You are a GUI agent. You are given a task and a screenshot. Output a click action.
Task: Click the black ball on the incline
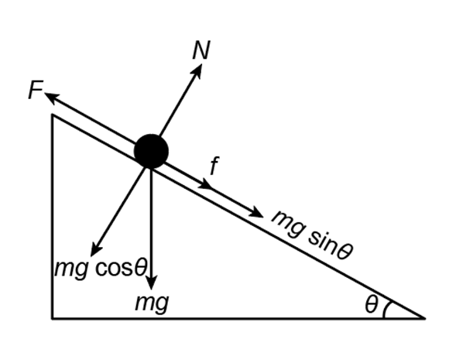[151, 151]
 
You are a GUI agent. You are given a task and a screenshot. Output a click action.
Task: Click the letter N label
[201, 50]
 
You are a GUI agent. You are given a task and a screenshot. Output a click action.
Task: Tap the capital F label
[35, 90]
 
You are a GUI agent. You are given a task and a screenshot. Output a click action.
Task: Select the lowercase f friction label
[214, 166]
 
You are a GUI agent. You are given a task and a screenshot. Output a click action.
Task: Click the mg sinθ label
[312, 234]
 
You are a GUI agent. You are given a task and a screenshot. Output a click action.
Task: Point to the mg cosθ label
[101, 268]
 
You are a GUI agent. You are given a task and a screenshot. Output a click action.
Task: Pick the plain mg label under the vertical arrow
[152, 303]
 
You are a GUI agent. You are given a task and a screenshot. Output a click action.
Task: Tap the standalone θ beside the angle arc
[372, 304]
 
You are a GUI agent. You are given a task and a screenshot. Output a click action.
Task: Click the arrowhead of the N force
[197, 70]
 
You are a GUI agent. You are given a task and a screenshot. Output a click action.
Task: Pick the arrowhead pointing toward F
[51, 97]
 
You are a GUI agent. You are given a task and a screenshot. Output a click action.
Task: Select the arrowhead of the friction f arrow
[207, 183]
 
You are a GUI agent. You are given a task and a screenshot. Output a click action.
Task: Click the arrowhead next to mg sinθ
[257, 212]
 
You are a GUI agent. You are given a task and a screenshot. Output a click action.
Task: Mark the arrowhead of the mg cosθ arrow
[94, 250]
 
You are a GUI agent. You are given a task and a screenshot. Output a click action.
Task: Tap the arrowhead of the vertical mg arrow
[152, 283]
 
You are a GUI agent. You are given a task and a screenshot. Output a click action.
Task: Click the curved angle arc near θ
[386, 309]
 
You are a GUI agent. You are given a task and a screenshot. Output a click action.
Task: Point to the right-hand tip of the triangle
[425, 318]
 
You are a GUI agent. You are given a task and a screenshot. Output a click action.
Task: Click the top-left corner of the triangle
[53, 115]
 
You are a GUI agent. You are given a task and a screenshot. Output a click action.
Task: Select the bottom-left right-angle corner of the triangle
[53, 318]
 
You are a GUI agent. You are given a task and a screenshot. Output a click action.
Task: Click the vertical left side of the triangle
[53, 217]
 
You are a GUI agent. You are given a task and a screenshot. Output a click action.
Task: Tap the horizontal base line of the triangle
[238, 318]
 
